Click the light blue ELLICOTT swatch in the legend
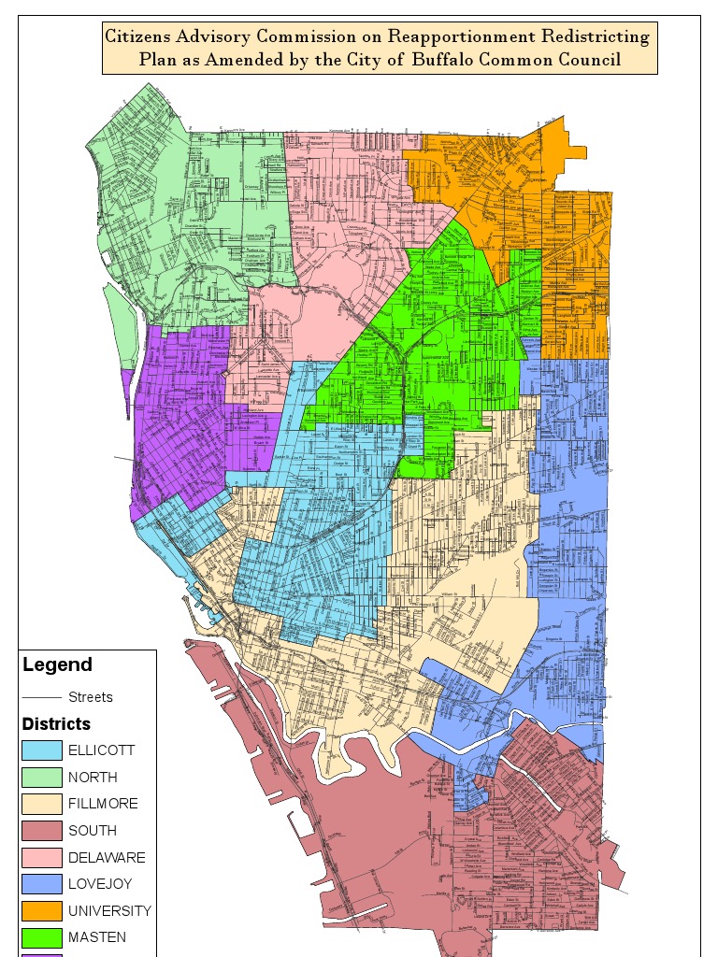(42, 750)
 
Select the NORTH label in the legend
(93, 778)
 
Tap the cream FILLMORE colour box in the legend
(42, 804)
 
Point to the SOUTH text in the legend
(93, 831)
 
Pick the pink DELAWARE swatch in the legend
(42, 857)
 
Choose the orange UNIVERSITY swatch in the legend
(42, 910)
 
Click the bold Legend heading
(57, 665)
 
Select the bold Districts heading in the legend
(56, 724)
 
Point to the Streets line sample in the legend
(42, 697)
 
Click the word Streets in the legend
(91, 697)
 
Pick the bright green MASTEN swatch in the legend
(42, 937)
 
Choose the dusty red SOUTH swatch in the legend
(42, 831)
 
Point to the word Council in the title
(592, 61)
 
